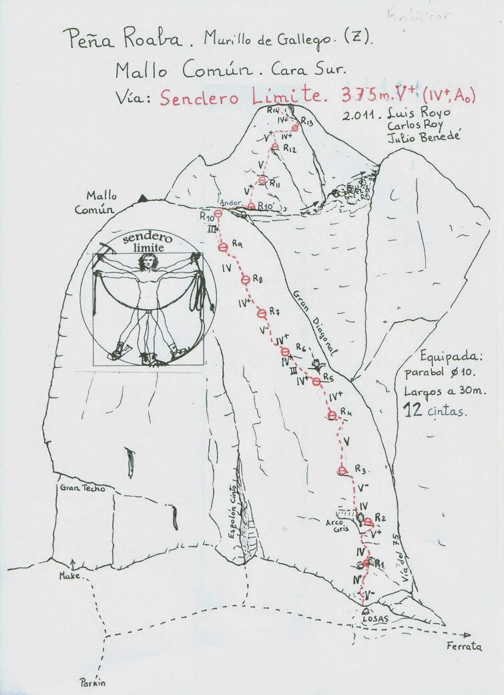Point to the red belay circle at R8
coord(245,280)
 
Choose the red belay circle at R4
coord(332,416)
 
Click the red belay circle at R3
coord(343,471)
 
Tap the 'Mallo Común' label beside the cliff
coord(101,202)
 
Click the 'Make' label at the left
coord(69,575)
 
